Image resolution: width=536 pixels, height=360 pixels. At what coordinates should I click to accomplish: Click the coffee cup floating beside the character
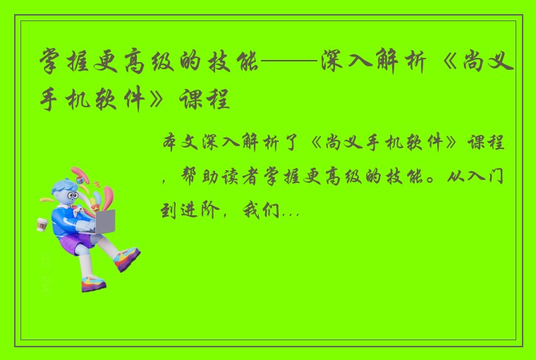point(41,224)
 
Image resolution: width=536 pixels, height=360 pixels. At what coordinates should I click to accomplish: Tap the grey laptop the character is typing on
point(104,221)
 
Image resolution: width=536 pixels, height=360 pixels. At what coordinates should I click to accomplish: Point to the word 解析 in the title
point(402,66)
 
